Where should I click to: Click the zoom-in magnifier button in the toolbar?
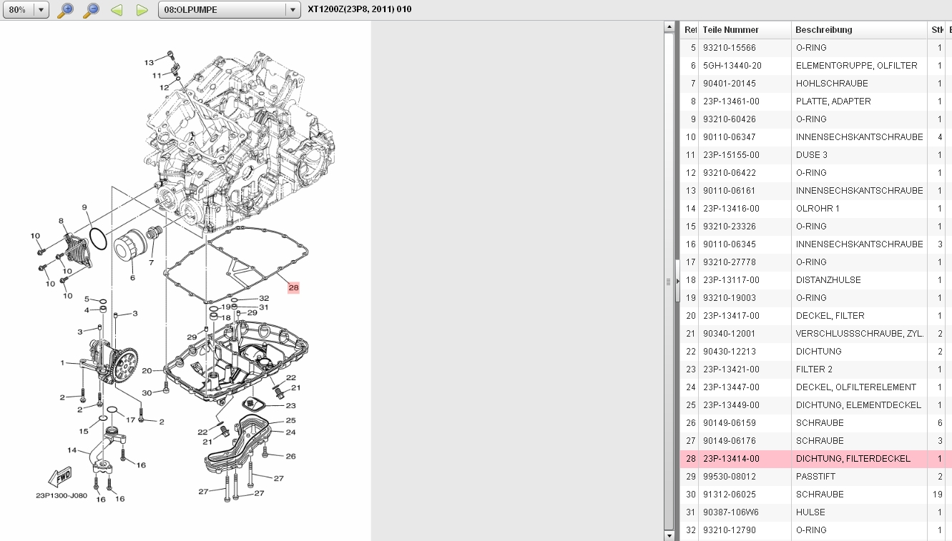coord(66,10)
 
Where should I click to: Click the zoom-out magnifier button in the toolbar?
coord(91,10)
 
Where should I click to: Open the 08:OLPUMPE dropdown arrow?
coord(293,10)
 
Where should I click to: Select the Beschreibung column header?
coord(824,30)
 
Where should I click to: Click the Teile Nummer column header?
coord(730,30)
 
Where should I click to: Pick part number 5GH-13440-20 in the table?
coord(732,66)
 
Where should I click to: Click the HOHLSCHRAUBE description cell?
coord(832,83)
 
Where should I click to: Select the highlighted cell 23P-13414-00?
coord(731,459)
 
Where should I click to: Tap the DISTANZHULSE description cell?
coord(828,280)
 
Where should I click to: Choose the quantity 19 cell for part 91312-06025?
coord(937,495)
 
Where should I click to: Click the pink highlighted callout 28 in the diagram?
coord(293,287)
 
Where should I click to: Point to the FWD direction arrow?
coord(60,477)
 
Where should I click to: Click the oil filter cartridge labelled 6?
coord(129,245)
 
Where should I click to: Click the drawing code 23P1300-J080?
coord(62,495)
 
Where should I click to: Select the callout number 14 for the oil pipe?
coord(72,450)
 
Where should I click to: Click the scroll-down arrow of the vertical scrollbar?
coord(669,535)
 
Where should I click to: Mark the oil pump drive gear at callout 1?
coord(125,364)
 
